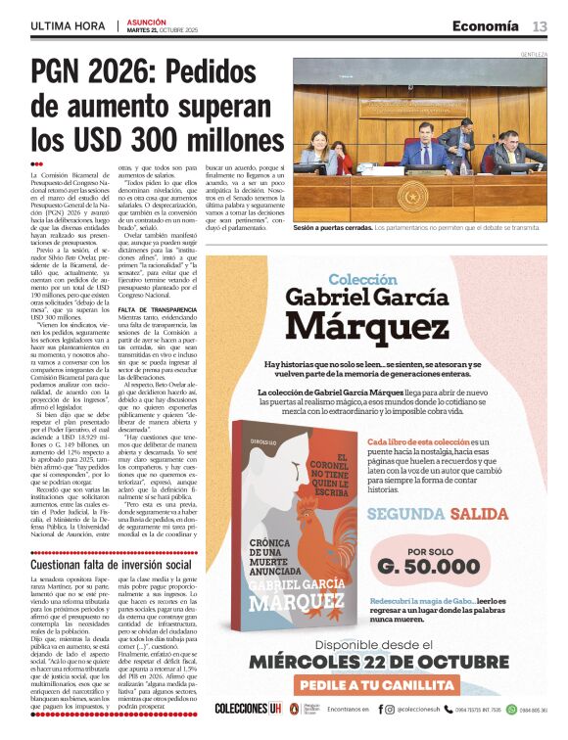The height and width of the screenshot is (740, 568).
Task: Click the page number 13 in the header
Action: pos(540,25)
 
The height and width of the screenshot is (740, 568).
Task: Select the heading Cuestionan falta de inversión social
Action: pos(111,565)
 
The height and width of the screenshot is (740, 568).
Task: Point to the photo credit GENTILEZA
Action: pos(534,54)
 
